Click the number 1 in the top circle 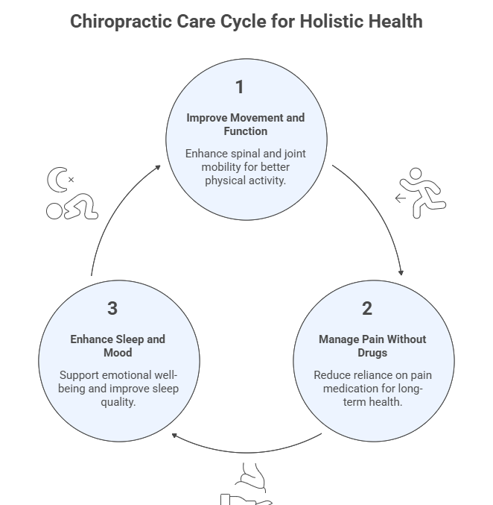239,87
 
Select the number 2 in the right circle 367,308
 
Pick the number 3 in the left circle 112,308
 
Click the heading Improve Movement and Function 245,125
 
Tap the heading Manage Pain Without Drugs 372,345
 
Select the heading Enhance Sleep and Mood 118,345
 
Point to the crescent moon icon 57,180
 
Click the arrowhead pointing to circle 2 402,272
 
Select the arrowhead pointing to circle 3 174,434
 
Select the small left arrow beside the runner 401,198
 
